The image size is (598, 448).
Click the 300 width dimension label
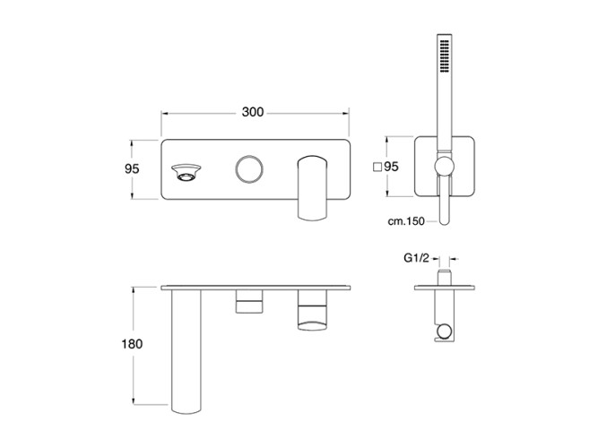tap(253, 112)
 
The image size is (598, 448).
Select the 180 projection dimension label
tap(132, 344)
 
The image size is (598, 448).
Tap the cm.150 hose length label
tap(406, 221)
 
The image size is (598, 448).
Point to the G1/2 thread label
tap(416, 259)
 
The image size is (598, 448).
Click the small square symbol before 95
tap(377, 167)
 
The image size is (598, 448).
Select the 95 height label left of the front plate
tap(132, 168)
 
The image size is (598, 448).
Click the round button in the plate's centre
tap(249, 169)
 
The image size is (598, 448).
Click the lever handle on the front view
tap(312, 187)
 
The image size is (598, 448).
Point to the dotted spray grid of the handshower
tap(445, 56)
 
